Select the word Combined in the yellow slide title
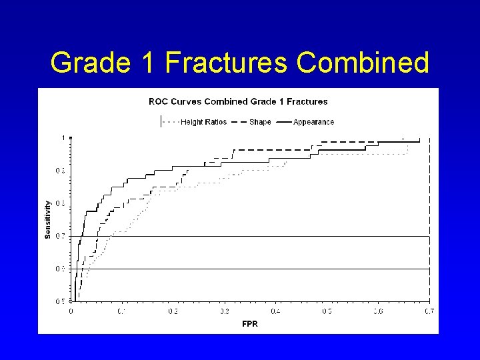tap(363, 63)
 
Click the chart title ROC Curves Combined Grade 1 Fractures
tap(238, 102)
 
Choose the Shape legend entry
tap(260, 122)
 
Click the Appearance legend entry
tap(313, 122)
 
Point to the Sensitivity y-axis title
tap(47, 219)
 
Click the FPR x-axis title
tap(249, 324)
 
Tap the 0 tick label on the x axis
tap(71, 311)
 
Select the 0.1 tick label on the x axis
tap(122, 311)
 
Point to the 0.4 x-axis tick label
tap(275, 311)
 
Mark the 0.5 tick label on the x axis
tap(327, 311)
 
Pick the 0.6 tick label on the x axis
tap(378, 311)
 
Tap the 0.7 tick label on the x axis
tap(429, 311)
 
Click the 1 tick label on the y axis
tap(64, 138)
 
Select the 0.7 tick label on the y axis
tap(60, 236)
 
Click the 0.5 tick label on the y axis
tap(60, 301)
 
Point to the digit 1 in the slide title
tap(147, 63)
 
